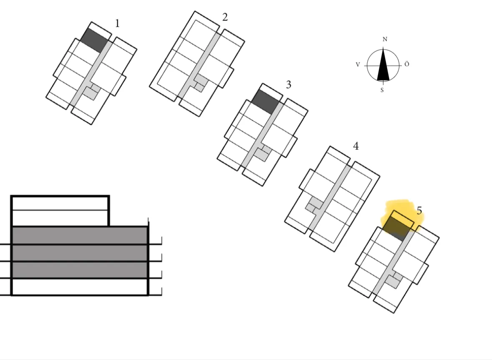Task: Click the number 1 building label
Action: (117, 23)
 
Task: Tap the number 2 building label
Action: (225, 17)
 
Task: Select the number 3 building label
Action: (288, 84)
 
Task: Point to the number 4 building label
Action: (356, 146)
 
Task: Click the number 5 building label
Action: (419, 211)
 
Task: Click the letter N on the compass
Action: (385, 39)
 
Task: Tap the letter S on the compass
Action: (382, 91)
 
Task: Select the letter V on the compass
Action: (358, 65)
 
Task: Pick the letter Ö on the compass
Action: (406, 64)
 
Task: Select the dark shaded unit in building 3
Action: (266, 102)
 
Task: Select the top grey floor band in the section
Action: (80, 235)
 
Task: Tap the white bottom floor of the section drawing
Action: (80, 287)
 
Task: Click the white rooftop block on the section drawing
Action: (60, 211)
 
